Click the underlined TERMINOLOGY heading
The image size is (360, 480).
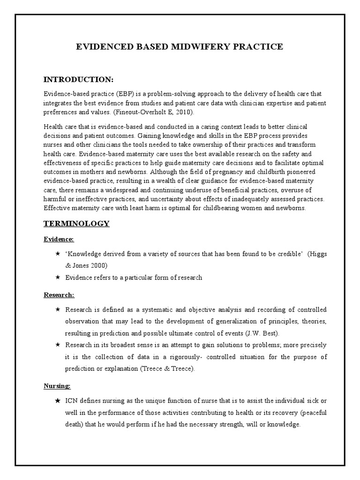pyautogui.click(x=76, y=224)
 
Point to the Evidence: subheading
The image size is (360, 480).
pyautogui.click(x=59, y=240)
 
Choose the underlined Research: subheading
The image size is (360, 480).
pyautogui.click(x=59, y=295)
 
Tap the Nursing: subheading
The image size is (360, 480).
pyautogui.click(x=57, y=386)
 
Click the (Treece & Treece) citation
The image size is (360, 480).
pyautogui.click(x=166, y=369)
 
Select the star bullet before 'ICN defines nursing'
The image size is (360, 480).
pyautogui.click(x=57, y=402)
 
